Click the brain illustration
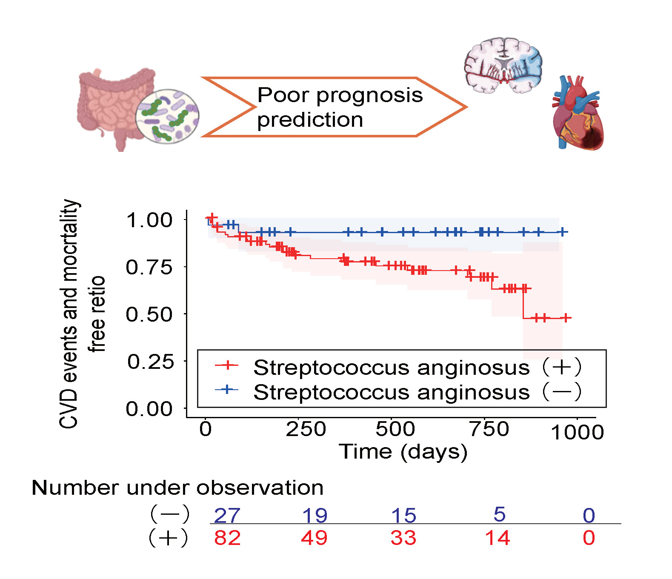coord(503,65)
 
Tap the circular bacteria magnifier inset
coord(167,116)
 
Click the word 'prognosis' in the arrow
coord(369,95)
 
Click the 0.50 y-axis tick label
coord(149,314)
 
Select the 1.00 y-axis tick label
coord(149,220)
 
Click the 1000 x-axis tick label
coord(577,433)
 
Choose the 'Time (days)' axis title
coord(403,452)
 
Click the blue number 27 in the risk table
coord(227,515)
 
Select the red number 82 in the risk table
coord(227,538)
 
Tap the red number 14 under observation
coord(497,538)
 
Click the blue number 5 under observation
coord(499,514)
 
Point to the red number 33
coord(403,538)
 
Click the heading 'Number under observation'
coord(177,488)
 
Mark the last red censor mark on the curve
coord(566,318)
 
